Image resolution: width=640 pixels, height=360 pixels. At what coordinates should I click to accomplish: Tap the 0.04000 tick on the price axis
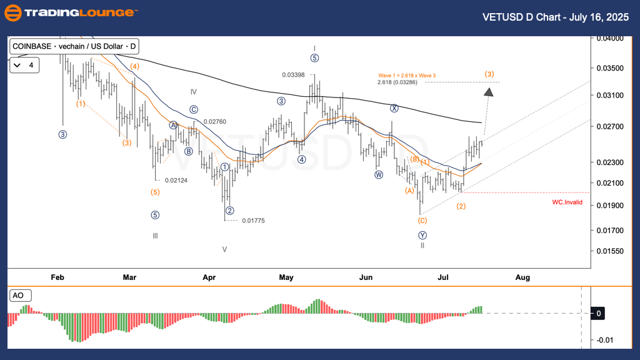[609, 38]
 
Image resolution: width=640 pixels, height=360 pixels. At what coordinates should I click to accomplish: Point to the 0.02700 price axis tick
[609, 126]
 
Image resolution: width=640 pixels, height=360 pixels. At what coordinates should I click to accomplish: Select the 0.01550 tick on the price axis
[609, 251]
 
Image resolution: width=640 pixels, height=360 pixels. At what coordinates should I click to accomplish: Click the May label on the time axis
[286, 277]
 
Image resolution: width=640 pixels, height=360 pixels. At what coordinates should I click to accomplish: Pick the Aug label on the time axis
[523, 277]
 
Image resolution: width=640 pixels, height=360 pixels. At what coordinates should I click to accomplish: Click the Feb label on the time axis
[57, 277]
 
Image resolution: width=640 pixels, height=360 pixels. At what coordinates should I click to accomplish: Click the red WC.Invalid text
[567, 202]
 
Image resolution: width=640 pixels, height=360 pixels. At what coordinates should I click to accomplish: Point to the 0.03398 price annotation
[293, 75]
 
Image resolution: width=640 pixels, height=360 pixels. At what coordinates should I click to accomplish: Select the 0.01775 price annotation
[252, 220]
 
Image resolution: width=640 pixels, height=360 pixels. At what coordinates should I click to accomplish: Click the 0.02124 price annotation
[176, 181]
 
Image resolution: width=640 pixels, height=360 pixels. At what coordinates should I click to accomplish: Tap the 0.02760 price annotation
[214, 121]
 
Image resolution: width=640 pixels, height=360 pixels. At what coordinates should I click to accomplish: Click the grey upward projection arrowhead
[489, 92]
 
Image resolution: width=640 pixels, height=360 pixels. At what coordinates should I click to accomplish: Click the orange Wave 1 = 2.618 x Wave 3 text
[406, 75]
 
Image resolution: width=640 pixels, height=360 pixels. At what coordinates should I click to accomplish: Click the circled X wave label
[394, 107]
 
